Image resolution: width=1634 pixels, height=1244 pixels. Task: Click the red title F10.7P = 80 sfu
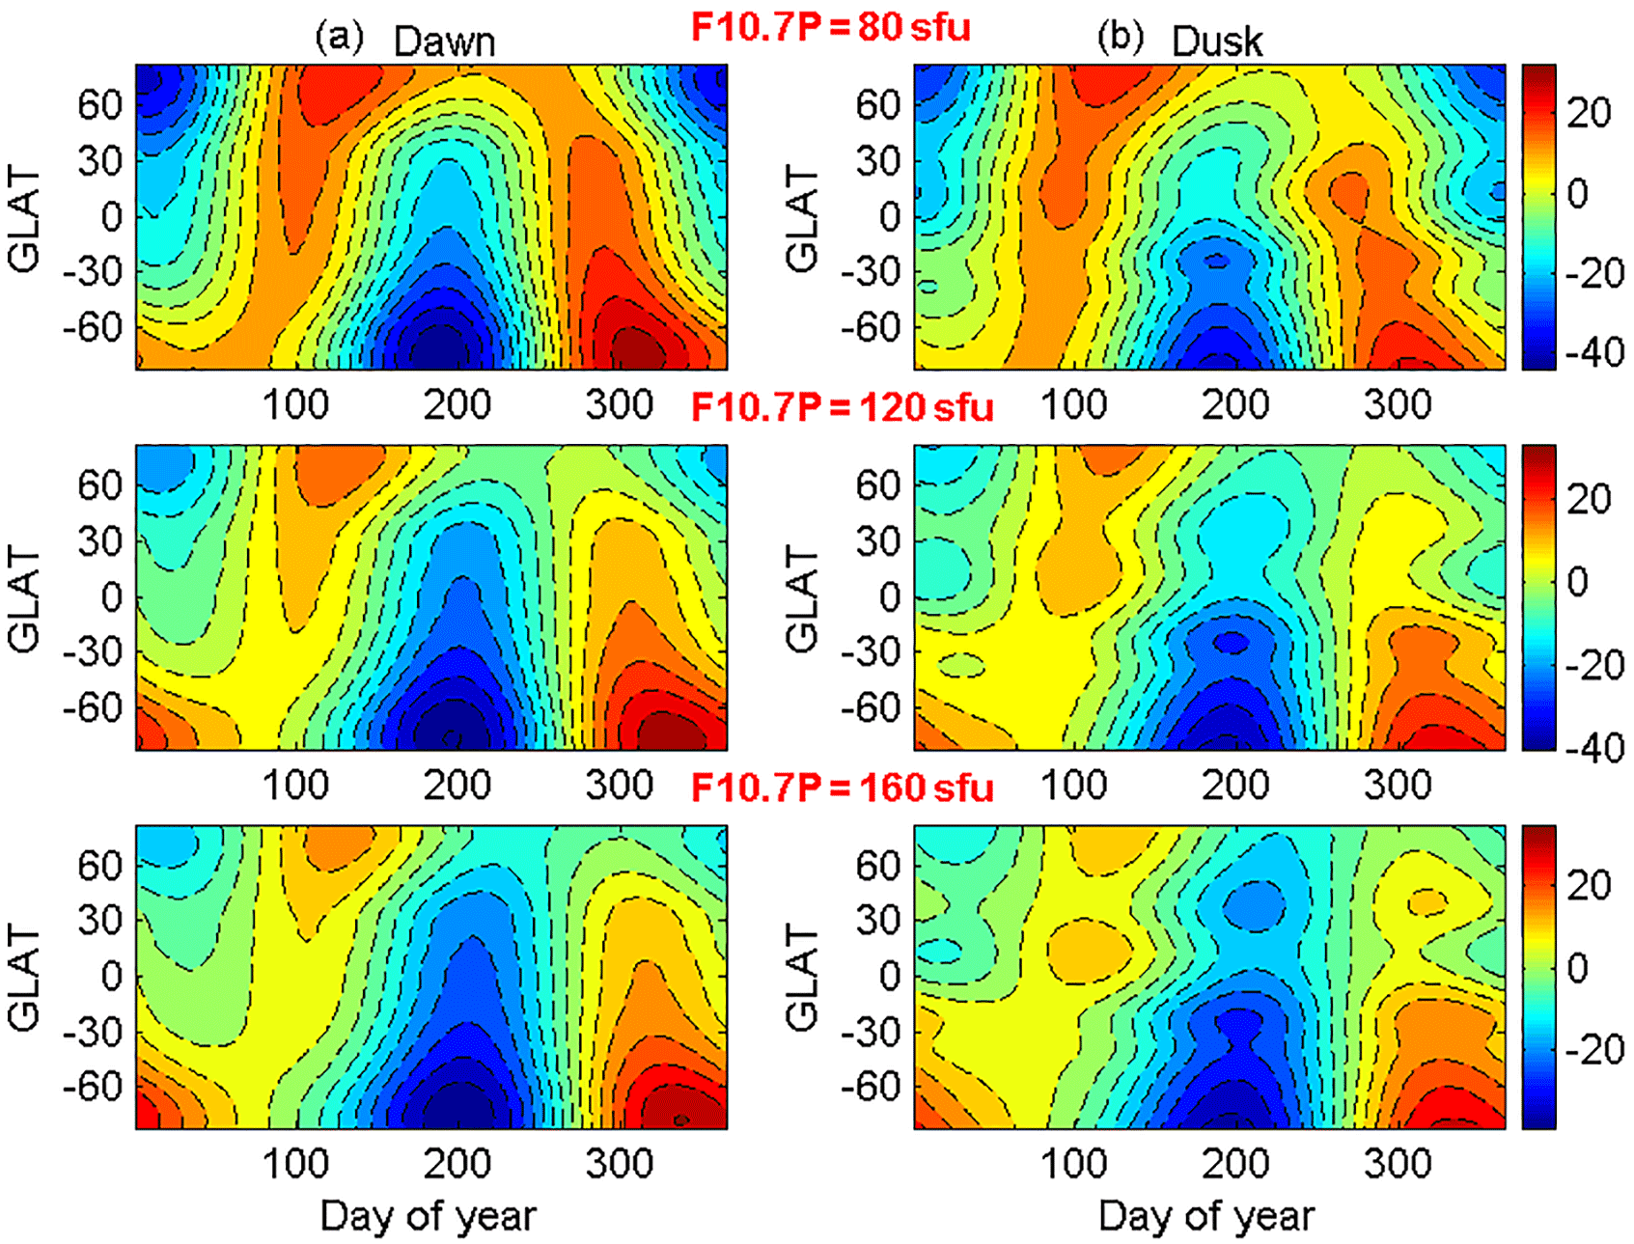click(830, 27)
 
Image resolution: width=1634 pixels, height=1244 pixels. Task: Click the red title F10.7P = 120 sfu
click(842, 407)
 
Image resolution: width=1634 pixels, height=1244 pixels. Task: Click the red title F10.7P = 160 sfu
click(842, 788)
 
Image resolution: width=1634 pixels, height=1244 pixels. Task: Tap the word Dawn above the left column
click(444, 41)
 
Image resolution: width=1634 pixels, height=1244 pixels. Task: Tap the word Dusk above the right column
click(1216, 41)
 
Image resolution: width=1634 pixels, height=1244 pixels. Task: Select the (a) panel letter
click(340, 38)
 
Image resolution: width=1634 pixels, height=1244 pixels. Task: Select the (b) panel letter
click(1120, 38)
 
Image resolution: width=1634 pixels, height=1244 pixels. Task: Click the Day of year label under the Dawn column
click(428, 1216)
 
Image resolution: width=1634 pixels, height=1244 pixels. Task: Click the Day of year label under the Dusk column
click(1205, 1216)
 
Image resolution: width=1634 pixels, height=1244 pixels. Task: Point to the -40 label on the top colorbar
click(1593, 352)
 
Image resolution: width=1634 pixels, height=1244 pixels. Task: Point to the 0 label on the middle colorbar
click(1577, 582)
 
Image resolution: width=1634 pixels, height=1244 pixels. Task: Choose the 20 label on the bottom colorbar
click(1589, 884)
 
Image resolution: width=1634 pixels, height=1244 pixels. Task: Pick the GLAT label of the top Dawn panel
click(24, 218)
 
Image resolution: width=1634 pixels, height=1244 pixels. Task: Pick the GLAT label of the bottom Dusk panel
click(802, 977)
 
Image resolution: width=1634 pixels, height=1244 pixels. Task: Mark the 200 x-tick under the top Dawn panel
click(457, 404)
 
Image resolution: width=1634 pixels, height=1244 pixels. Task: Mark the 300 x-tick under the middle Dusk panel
click(1398, 785)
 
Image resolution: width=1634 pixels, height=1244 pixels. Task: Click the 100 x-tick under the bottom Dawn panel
click(295, 1164)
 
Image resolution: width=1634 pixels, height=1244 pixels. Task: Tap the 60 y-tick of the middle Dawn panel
click(100, 484)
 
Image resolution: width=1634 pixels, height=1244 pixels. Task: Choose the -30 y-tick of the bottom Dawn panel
click(93, 1032)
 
